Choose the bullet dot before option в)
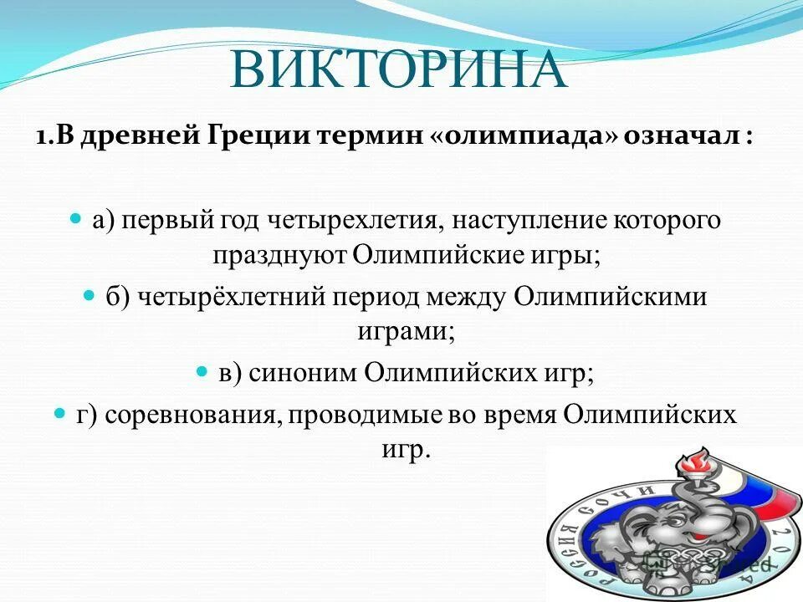click(202, 370)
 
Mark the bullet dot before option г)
click(59, 413)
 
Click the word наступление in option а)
click(519, 222)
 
